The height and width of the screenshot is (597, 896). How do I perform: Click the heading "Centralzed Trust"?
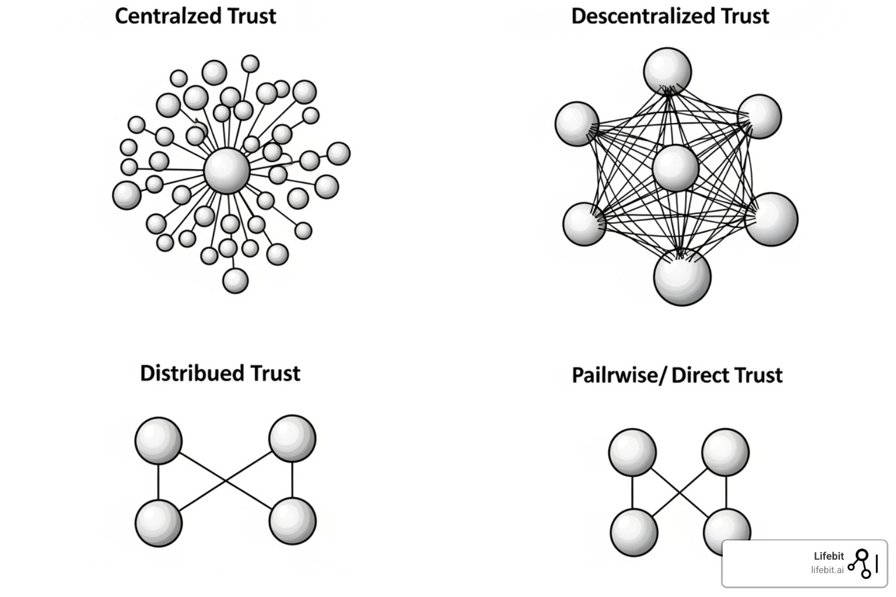click(x=195, y=16)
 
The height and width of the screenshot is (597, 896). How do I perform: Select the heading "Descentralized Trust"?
click(x=670, y=16)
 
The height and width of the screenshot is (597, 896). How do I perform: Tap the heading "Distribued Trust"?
click(x=220, y=373)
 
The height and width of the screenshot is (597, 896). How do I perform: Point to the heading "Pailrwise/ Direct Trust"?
click(x=677, y=375)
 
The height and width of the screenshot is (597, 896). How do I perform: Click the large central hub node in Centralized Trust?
click(x=227, y=171)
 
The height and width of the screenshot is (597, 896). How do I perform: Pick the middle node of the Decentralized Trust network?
click(x=675, y=168)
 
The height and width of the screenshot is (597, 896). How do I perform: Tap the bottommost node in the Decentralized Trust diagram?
click(x=682, y=276)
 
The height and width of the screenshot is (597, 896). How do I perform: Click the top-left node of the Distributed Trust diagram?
click(x=158, y=440)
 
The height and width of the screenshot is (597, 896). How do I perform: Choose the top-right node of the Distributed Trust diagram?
click(x=292, y=438)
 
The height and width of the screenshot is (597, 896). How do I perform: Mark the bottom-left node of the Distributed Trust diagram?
click(x=158, y=523)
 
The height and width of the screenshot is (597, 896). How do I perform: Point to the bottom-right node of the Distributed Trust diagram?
click(x=292, y=521)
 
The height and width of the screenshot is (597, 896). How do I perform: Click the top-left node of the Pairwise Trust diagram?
click(x=632, y=452)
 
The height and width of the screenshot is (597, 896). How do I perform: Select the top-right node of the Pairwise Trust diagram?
click(x=726, y=452)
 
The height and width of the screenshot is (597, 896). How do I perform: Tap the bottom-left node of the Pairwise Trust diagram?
click(x=633, y=532)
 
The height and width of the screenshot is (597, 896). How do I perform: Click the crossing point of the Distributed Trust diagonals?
click(x=226, y=480)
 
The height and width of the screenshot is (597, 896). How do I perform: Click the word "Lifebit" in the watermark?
click(x=828, y=556)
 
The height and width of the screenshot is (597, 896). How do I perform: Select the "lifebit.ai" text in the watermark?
click(x=827, y=570)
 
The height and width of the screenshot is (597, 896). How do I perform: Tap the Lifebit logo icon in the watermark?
click(x=861, y=563)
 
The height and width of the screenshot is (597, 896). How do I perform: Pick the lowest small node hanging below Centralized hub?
click(x=236, y=280)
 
